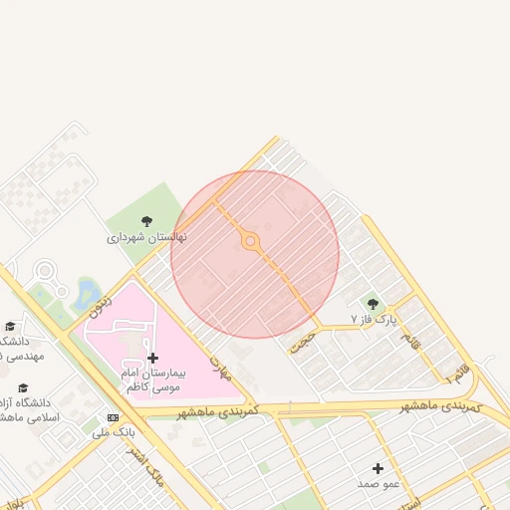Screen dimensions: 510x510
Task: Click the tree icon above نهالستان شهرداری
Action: (147, 221)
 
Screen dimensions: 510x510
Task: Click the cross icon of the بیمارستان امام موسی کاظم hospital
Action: (152, 358)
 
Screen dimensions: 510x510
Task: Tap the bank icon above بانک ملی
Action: (113, 417)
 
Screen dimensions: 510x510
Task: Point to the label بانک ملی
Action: (113, 432)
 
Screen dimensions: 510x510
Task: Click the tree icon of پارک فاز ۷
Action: (373, 304)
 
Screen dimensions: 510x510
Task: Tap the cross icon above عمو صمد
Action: (378, 468)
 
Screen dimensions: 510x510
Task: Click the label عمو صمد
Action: (378, 483)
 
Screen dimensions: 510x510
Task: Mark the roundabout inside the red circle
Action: (250, 241)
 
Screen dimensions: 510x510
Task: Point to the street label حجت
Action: (301, 342)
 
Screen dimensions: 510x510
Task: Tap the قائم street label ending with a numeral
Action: (455, 374)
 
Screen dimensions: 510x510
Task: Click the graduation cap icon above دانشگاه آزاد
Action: (23, 388)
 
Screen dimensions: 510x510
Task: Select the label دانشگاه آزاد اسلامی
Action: (30, 410)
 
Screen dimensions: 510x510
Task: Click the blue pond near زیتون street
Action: (88, 292)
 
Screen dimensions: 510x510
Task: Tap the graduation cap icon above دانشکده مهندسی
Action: (10, 326)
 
